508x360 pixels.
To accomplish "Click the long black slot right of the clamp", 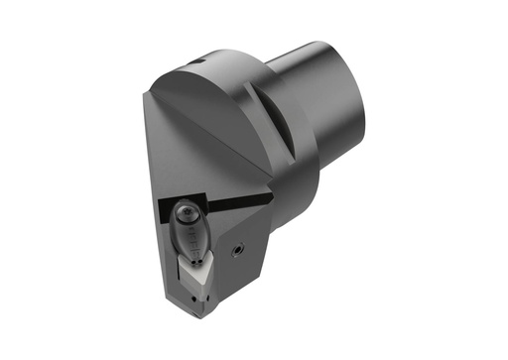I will [x=238, y=202].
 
